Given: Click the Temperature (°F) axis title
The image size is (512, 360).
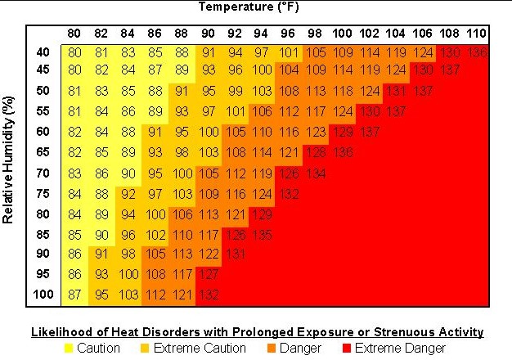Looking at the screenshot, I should [257, 7].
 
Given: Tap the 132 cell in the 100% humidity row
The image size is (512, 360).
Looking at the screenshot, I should [209, 295].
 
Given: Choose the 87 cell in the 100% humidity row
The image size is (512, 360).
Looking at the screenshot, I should [75, 295].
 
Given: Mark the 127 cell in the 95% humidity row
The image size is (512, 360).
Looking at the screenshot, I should [209, 274].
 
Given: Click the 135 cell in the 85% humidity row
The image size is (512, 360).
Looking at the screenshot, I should [263, 233].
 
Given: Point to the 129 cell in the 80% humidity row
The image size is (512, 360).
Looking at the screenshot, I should [263, 214].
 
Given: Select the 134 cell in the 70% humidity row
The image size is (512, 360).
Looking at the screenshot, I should [317, 173].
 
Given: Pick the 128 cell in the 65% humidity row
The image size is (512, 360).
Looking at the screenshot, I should [317, 151].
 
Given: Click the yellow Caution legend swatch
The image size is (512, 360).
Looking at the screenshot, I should [70, 349].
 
